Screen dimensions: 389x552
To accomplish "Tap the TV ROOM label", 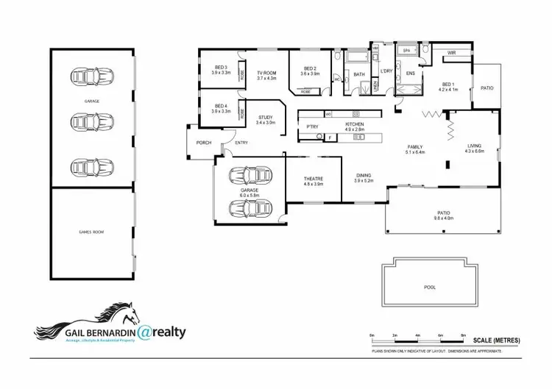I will pyautogui.click(x=266, y=74).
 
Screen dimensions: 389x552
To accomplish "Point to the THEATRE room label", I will pyautogui.click(x=314, y=179).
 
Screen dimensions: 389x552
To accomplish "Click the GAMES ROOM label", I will pyautogui.click(x=92, y=232).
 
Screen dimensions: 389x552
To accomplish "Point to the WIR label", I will pyautogui.click(x=451, y=53).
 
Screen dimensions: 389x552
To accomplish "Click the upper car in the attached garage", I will pyautogui.click(x=249, y=176).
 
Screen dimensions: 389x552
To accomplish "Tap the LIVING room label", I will pyautogui.click(x=475, y=146).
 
